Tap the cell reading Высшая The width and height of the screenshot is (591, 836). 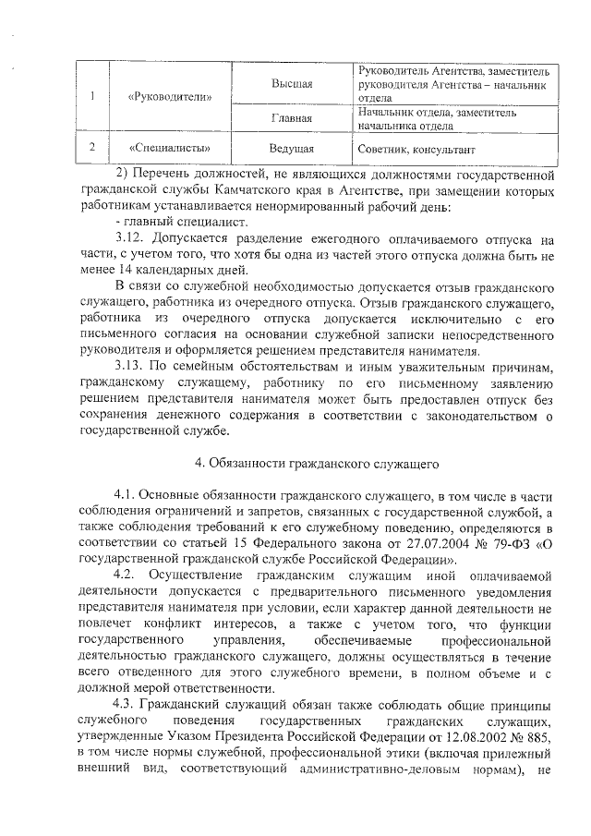[291, 84]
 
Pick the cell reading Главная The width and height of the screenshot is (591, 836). [291, 118]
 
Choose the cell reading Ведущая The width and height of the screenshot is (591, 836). [291, 147]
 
